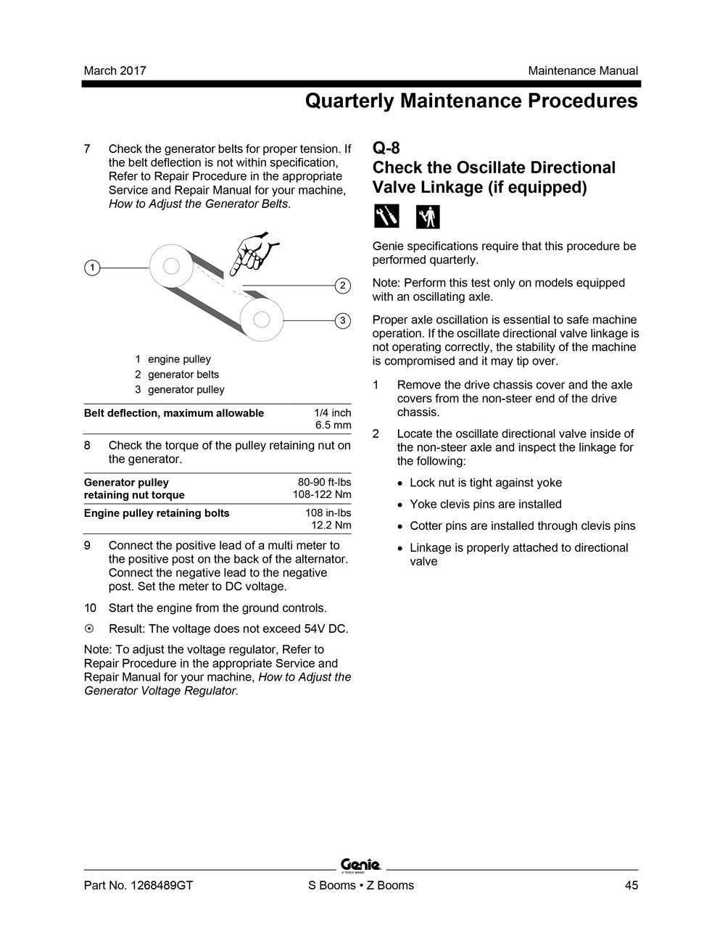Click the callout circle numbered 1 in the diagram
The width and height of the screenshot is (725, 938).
92,267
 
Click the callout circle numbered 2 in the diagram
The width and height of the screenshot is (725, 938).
343,286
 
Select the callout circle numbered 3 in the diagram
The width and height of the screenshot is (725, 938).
343,320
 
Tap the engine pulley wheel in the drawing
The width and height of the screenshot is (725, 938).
171,267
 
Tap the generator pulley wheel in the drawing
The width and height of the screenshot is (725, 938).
262,319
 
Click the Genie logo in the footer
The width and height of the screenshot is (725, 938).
360,865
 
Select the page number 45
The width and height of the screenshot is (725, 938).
631,885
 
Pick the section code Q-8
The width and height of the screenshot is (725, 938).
386,148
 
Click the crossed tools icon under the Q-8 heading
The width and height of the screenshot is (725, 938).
386,216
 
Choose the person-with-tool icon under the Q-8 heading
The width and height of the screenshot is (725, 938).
428,216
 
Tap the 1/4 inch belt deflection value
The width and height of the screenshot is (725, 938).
332,413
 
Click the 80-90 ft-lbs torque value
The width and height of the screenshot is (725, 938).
324,482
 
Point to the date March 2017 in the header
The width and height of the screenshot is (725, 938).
115,70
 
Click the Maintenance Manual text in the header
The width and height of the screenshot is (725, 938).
583,70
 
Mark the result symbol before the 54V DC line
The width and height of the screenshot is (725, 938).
89,628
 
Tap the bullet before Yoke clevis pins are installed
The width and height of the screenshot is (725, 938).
400,505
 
